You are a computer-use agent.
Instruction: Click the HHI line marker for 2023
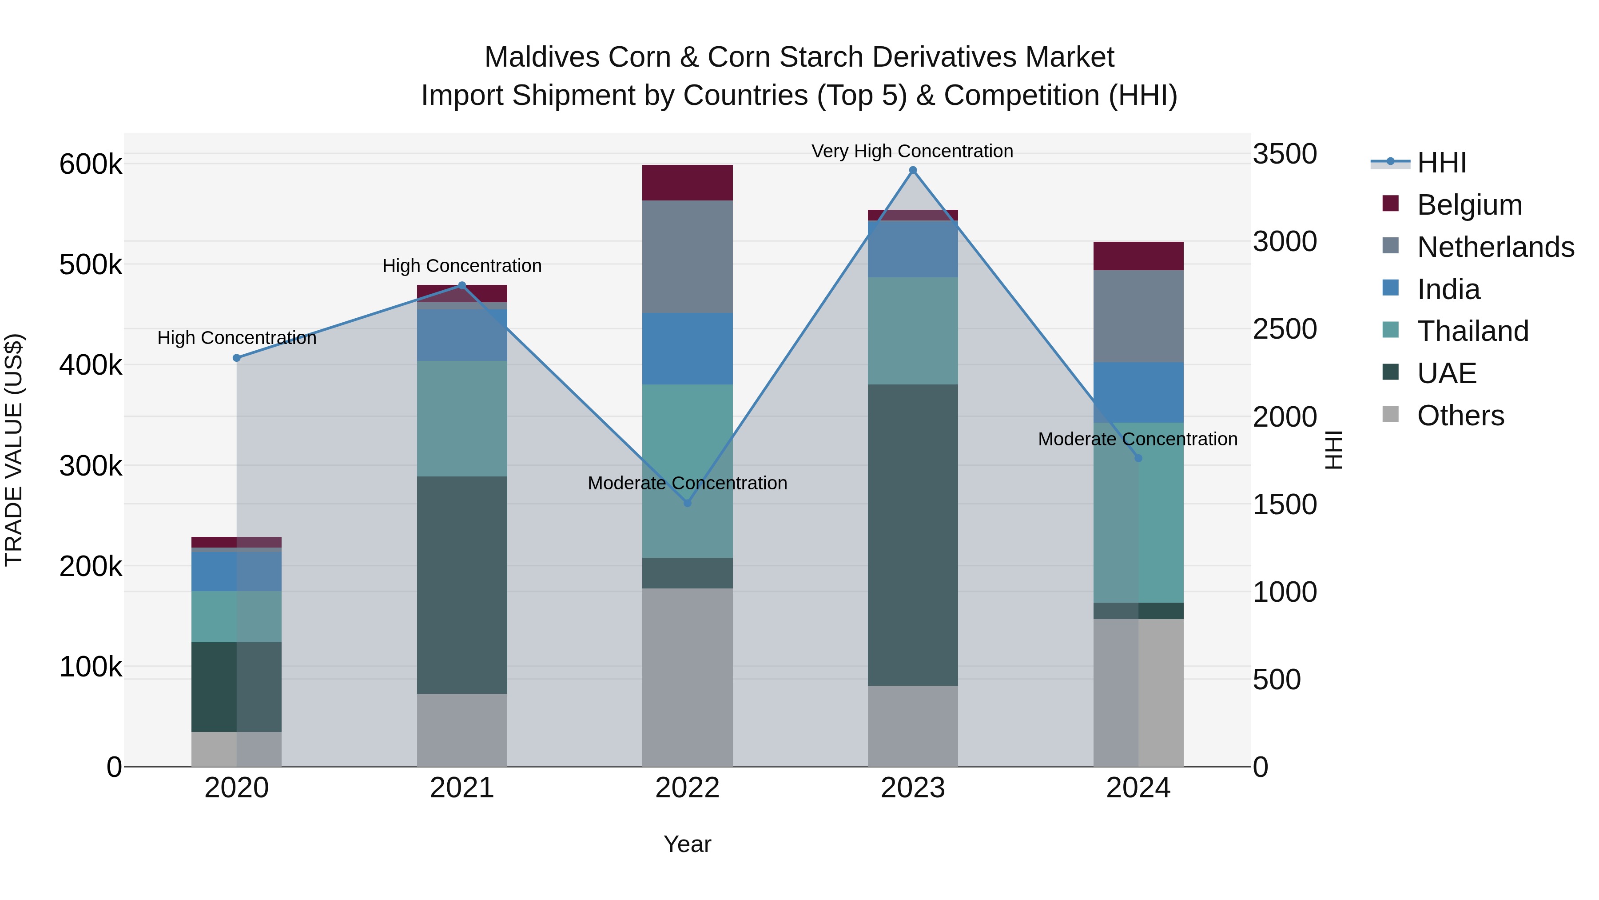click(x=912, y=170)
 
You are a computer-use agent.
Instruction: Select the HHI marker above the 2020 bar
click(x=236, y=358)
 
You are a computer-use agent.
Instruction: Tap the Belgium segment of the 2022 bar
click(x=687, y=183)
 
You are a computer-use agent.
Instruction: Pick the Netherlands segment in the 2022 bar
click(x=687, y=256)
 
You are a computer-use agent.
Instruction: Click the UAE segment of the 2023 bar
click(x=912, y=535)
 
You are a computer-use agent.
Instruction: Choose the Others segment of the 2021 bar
click(x=462, y=730)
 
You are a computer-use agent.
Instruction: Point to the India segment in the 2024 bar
click(x=1138, y=392)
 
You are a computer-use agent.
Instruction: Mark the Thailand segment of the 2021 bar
click(x=462, y=419)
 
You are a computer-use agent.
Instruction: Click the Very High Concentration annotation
click(x=912, y=151)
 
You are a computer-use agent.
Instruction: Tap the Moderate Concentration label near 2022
click(x=687, y=483)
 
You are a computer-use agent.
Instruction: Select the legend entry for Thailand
click(x=1472, y=331)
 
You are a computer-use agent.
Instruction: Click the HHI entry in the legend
click(x=1441, y=163)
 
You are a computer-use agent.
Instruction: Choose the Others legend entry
click(x=1460, y=416)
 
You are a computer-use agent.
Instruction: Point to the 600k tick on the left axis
click(x=91, y=164)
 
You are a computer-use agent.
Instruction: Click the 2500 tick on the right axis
click(x=1284, y=329)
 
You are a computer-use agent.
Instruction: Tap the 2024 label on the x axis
click(x=1138, y=788)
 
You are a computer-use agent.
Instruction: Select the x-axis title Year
click(x=687, y=844)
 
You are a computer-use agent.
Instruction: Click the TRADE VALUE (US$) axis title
click(x=14, y=450)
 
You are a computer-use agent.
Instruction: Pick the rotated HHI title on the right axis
click(x=1332, y=450)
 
